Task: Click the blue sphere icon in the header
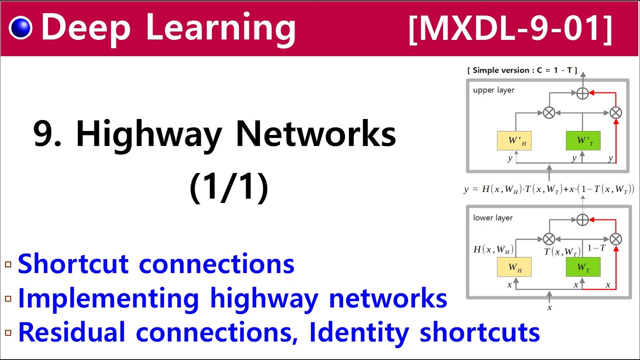pyautogui.click(x=20, y=28)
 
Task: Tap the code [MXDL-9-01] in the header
pyautogui.click(x=510, y=28)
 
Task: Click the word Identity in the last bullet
pyautogui.click(x=360, y=332)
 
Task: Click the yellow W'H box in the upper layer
pyautogui.click(x=514, y=140)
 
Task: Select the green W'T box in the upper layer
pyautogui.click(x=583, y=140)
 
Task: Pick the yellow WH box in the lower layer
pyautogui.click(x=514, y=267)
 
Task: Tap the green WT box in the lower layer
pyautogui.click(x=583, y=267)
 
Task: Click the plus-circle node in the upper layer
pyautogui.click(x=582, y=93)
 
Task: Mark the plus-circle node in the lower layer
pyautogui.click(x=582, y=219)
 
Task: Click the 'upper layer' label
pyautogui.click(x=493, y=90)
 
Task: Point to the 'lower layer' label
pyautogui.click(x=493, y=218)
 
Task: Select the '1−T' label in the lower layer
pyautogui.click(x=596, y=248)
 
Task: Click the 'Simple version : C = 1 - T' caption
pyautogui.click(x=522, y=70)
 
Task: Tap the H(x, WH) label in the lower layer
pyautogui.click(x=493, y=249)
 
